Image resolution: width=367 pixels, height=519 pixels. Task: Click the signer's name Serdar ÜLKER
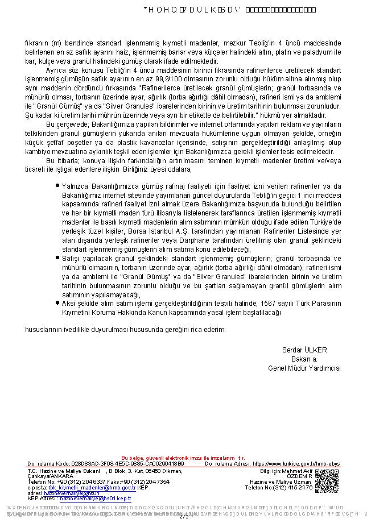click(x=304, y=350)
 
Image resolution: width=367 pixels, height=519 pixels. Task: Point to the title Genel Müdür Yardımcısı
click(x=304, y=368)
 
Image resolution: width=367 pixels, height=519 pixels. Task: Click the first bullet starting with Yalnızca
click(x=57, y=185)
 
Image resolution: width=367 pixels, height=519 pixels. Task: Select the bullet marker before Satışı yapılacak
click(x=57, y=257)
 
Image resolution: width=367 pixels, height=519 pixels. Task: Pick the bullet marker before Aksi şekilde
click(x=57, y=303)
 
